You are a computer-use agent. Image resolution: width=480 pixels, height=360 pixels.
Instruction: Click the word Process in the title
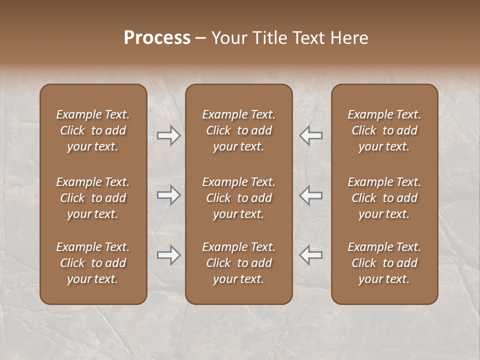[x=157, y=38]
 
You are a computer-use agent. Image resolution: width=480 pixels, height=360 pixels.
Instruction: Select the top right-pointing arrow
[x=169, y=135]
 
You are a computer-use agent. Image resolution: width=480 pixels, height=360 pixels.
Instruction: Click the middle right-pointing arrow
[x=169, y=195]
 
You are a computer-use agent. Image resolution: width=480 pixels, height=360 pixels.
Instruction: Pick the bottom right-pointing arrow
[x=169, y=255]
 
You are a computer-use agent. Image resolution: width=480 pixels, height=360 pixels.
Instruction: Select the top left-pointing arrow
[x=310, y=135]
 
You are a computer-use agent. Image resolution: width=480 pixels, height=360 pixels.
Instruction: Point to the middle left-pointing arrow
[x=310, y=195]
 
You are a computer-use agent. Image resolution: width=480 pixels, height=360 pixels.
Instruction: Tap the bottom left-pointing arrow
[x=310, y=255]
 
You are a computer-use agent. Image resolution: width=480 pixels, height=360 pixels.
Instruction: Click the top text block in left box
[x=93, y=130]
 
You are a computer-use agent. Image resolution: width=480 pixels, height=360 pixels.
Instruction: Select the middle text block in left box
[x=93, y=198]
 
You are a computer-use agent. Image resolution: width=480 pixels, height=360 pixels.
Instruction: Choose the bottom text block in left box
[x=93, y=263]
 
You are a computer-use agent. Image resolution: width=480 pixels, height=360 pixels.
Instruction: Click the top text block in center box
[x=239, y=130]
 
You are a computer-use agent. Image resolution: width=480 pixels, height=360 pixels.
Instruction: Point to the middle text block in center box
[x=239, y=198]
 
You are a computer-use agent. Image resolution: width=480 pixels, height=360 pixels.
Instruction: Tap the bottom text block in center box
[x=239, y=263]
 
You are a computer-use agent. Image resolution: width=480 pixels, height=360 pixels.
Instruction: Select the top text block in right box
[x=384, y=130]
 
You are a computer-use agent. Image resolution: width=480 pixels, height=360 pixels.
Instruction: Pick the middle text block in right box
[x=384, y=198]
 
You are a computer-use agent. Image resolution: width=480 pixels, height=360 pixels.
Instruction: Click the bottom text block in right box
[x=384, y=263]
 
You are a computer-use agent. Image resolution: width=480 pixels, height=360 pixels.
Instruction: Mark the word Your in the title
[x=227, y=38]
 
